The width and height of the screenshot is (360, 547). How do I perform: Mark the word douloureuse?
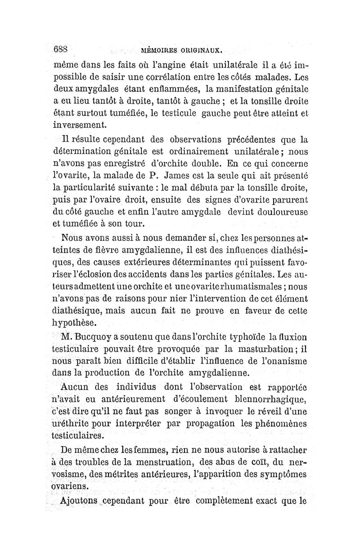pos(278,211)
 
